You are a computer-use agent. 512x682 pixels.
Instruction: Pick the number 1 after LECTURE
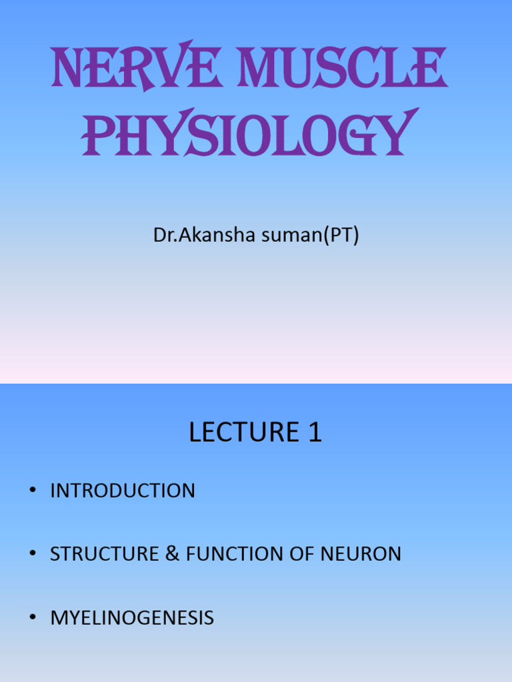(315, 433)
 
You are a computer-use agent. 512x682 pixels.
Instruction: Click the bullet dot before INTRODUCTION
(32, 492)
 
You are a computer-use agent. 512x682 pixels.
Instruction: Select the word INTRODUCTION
(123, 492)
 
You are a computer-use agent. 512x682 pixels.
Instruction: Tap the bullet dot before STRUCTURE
(32, 554)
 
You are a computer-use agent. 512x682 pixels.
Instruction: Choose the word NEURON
(361, 554)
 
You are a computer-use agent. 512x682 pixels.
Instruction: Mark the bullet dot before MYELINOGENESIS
(32, 617)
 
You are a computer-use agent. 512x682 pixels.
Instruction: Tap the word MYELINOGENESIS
(132, 617)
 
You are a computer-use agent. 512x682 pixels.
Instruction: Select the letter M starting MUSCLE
(261, 69)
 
